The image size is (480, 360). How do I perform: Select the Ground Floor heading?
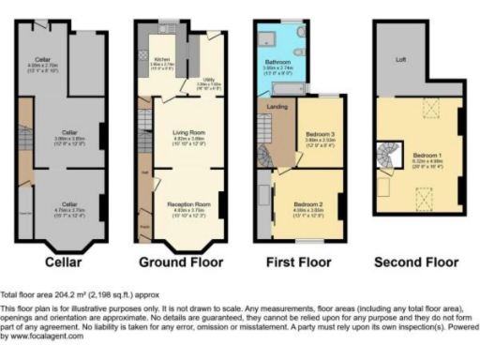[x=182, y=261]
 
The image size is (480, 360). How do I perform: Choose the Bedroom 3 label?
[x=320, y=135]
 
